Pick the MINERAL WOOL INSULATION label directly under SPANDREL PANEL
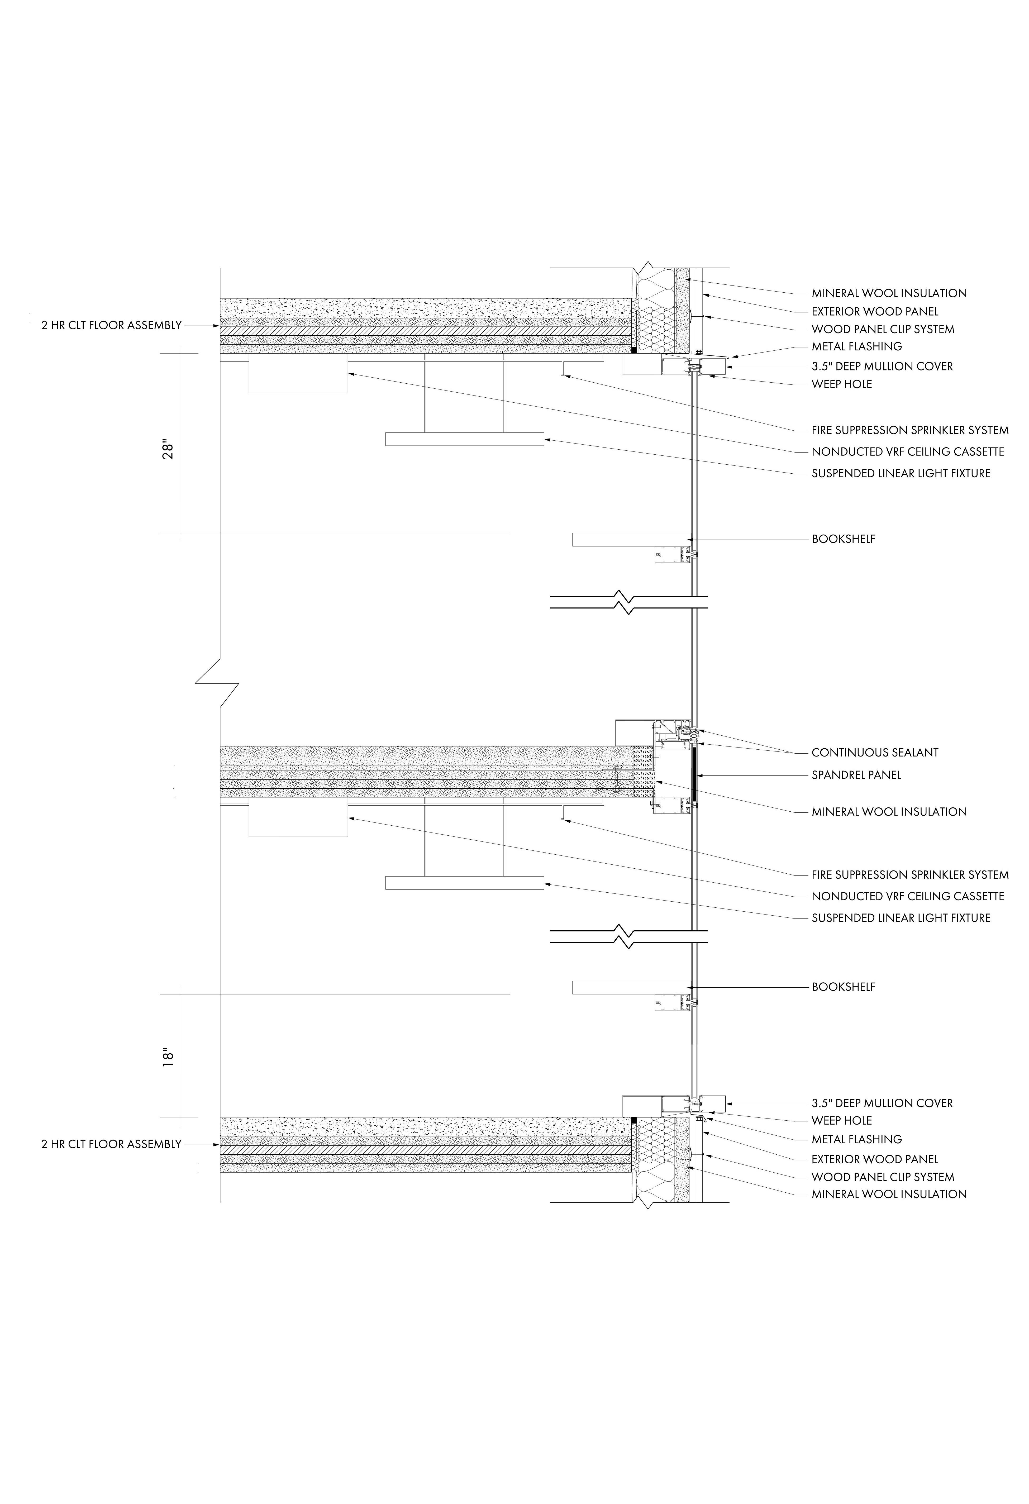pos(889,812)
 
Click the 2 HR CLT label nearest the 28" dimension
pos(111,326)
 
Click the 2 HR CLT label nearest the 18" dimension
pos(111,1144)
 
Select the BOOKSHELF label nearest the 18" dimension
pos(843,987)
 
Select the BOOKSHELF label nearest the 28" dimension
pos(843,539)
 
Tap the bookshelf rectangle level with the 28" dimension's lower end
pos(631,539)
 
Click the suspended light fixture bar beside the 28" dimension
pos(464,439)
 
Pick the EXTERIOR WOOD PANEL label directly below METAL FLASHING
pos(874,1159)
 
